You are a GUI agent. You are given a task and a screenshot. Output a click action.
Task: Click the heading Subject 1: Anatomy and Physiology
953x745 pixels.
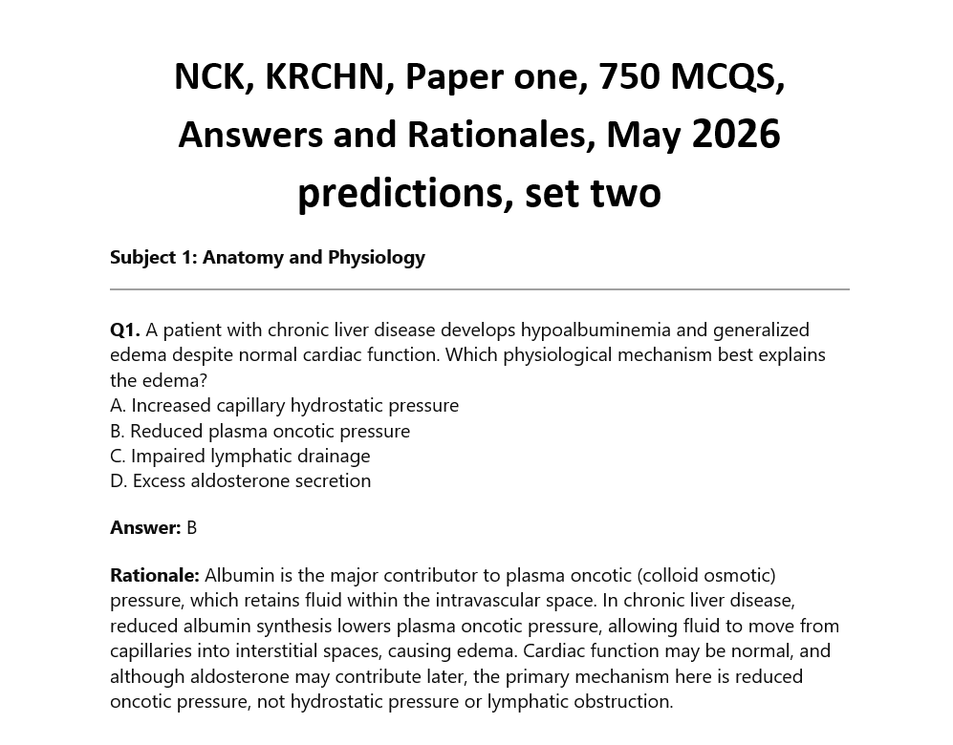click(268, 257)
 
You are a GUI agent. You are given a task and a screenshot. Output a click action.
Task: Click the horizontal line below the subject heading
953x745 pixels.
click(479, 288)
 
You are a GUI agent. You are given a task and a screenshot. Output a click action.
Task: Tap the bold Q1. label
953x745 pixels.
click(125, 330)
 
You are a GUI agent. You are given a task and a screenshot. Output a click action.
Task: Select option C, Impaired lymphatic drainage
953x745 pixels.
click(240, 456)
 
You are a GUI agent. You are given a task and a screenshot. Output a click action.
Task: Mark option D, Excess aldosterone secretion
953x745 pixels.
click(241, 480)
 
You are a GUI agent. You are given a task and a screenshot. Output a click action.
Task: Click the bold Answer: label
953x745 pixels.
click(145, 527)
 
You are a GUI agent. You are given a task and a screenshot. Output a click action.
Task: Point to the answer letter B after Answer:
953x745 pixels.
click(191, 527)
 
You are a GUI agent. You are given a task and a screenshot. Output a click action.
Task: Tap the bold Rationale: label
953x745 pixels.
click(155, 575)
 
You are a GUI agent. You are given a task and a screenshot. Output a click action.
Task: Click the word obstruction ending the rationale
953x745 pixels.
click(623, 701)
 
